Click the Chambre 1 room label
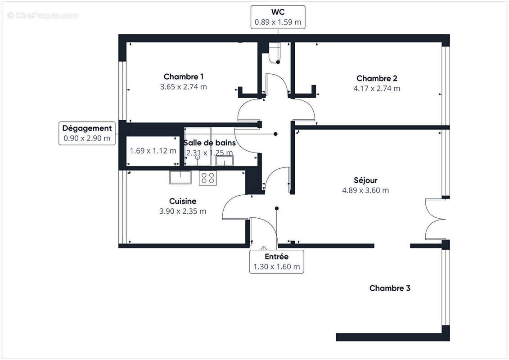183,76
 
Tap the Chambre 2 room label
377,78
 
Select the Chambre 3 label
390,288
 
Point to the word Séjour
365,180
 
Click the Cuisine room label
183,201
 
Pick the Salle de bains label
209,143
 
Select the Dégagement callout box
87,133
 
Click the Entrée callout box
276,261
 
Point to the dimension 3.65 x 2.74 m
183,87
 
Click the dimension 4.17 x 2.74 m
377,89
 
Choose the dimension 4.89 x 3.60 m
365,190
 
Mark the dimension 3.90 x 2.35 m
183,211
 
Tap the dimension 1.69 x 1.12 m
153,151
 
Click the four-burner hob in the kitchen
207,178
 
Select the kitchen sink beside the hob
180,177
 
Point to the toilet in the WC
274,53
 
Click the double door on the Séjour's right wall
435,220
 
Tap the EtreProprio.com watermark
43,15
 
